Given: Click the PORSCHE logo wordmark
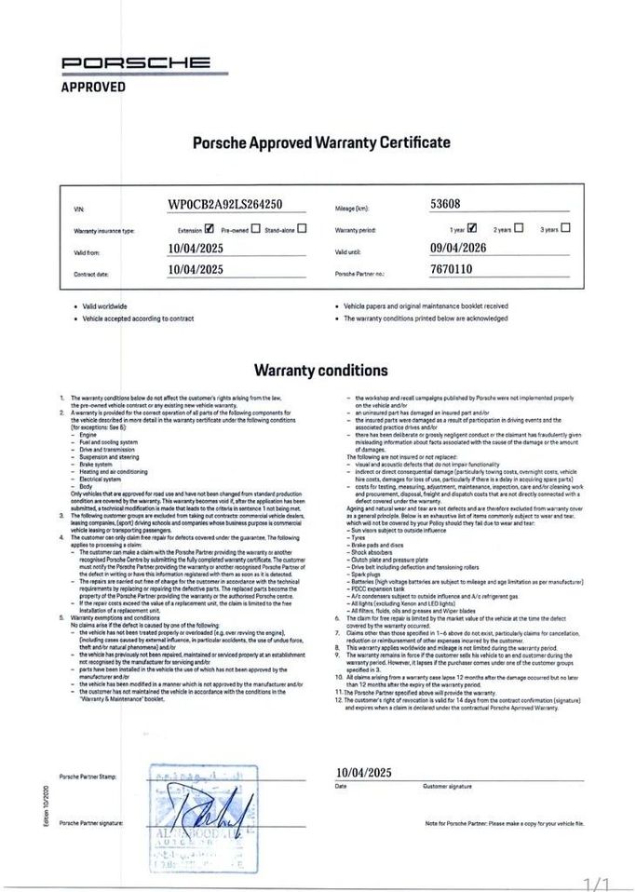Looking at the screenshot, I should coord(135,63).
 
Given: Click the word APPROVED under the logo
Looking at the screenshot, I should coord(93,87).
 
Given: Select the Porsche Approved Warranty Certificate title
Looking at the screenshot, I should coord(321,142).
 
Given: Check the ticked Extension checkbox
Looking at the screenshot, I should coord(209,227).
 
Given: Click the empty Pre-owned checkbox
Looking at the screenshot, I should coord(254,227).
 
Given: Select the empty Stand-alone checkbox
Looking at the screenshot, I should coord(301,227).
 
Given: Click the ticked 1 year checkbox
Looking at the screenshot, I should coord(472,227).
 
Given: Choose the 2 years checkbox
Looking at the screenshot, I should coord(519,227).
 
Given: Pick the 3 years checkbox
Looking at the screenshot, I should coord(566,227).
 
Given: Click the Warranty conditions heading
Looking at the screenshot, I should coord(321,370).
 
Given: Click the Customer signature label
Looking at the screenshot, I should coord(447,787).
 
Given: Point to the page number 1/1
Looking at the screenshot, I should coord(597,882).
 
